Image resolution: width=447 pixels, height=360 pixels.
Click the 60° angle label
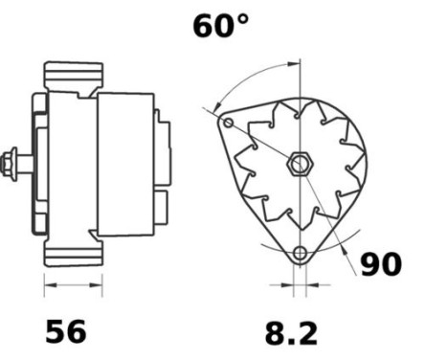(x=220, y=26)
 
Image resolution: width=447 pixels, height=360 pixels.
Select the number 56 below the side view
(x=66, y=331)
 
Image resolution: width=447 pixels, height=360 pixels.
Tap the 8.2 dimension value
(x=290, y=333)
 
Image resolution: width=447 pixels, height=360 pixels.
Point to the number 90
(x=380, y=264)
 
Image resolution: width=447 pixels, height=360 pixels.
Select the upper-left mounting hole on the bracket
(x=228, y=124)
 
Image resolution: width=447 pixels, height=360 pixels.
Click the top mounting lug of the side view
(x=75, y=75)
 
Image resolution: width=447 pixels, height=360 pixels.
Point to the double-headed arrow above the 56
(x=74, y=284)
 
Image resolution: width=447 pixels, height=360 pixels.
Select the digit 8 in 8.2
(x=276, y=333)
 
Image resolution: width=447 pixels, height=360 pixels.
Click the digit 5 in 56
(x=55, y=331)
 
